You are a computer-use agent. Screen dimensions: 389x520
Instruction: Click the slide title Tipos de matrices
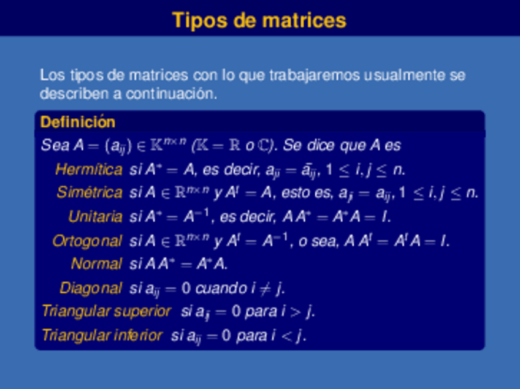coord(259,20)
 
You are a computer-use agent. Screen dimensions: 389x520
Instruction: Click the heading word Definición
coord(77,122)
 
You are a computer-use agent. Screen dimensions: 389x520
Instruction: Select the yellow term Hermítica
coord(89,169)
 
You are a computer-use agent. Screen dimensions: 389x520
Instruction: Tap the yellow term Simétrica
coord(90,193)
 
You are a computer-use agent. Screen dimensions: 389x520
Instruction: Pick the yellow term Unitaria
coord(95,217)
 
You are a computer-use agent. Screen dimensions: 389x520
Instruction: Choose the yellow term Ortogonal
coord(87,241)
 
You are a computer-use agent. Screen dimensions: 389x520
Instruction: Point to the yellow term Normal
coord(96,264)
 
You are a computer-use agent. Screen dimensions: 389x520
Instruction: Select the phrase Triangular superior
coord(106,311)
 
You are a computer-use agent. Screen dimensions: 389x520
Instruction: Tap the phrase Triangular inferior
coord(102,336)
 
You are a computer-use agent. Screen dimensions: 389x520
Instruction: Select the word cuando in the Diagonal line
coord(227,288)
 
